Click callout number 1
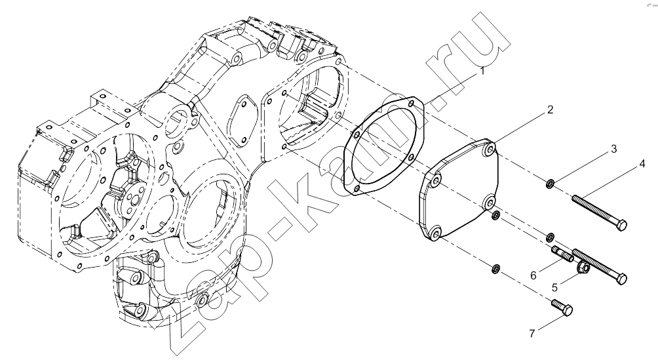(482, 71)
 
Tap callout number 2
(550, 110)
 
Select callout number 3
(613, 149)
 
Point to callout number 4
(642, 164)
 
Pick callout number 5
(554, 288)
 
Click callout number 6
(533, 275)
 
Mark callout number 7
(532, 322)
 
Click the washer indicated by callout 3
(550, 184)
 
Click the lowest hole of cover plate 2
(435, 233)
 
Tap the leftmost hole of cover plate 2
(436, 181)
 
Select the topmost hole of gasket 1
(412, 102)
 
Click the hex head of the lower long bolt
(622, 278)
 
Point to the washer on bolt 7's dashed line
(495, 268)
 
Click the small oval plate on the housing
(241, 121)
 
